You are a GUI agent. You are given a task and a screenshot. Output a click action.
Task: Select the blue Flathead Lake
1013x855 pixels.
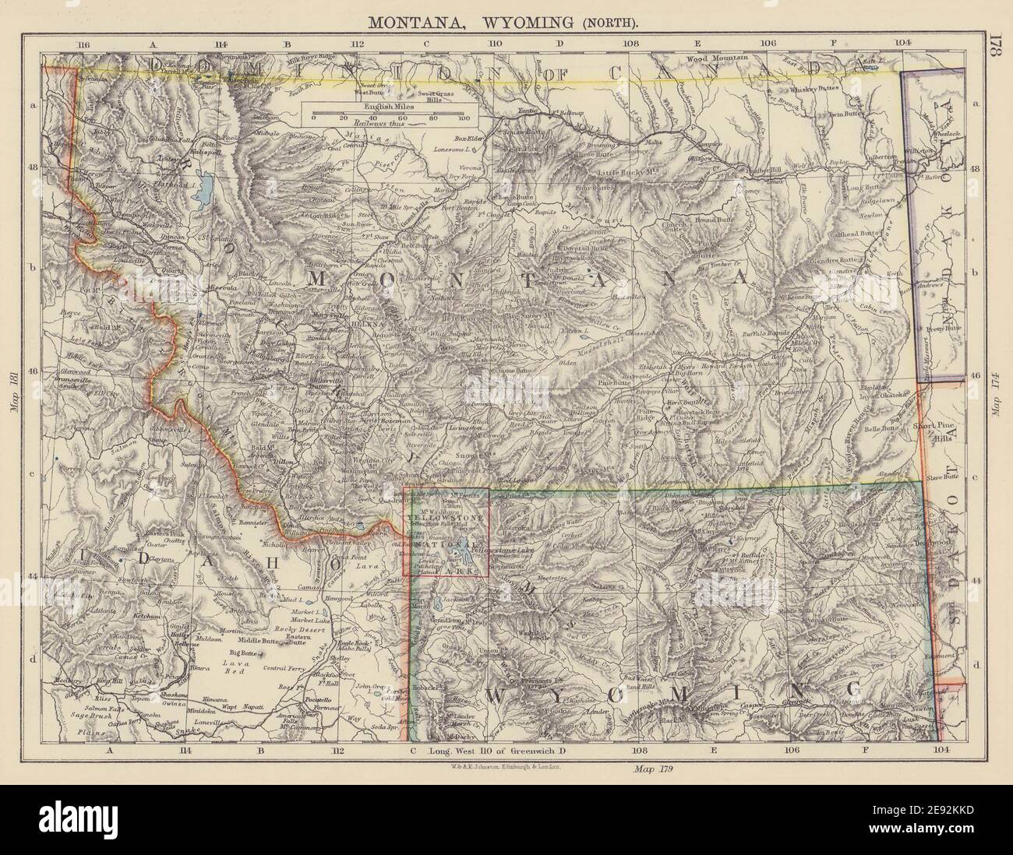(x=209, y=186)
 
